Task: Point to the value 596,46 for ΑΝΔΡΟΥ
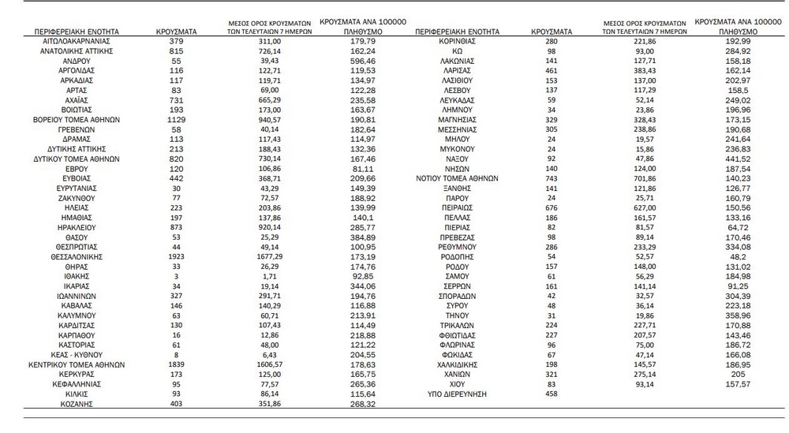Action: (348, 60)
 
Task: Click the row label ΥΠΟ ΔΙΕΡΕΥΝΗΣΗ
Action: (458, 393)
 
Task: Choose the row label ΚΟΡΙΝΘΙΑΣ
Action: (458, 39)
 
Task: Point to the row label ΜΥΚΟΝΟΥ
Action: (458, 148)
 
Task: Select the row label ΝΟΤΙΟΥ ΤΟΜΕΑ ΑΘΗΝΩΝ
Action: (458, 178)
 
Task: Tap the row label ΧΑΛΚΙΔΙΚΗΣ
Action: (458, 366)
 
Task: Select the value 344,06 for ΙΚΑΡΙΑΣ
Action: (348, 287)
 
